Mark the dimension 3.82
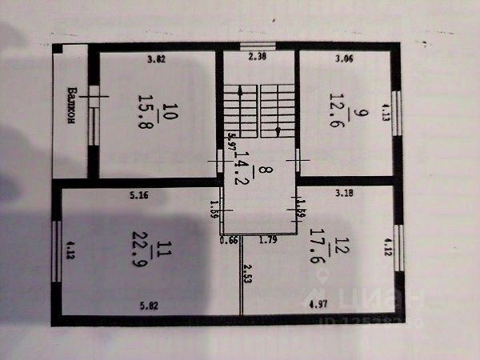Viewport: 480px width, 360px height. [x=157, y=58]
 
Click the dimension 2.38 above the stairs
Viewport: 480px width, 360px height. [x=257, y=56]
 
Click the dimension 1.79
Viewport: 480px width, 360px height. [x=268, y=238]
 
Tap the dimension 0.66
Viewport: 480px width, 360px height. [x=230, y=238]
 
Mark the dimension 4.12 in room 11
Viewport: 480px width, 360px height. [x=70, y=254]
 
